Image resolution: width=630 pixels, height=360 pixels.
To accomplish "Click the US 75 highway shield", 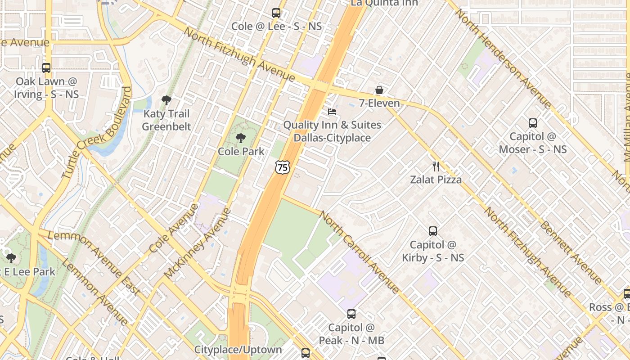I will [x=282, y=167].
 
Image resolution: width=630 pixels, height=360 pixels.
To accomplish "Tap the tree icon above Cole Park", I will [x=241, y=138].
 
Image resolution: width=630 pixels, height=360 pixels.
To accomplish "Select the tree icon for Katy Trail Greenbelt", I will [x=166, y=100].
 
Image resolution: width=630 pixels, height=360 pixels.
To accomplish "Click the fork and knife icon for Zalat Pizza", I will [x=436, y=166].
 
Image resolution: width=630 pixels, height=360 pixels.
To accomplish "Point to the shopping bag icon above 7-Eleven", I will [x=379, y=90].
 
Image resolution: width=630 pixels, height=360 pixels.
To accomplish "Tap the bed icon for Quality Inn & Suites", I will [x=332, y=112].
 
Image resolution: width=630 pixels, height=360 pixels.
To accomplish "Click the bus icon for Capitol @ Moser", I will [x=533, y=123].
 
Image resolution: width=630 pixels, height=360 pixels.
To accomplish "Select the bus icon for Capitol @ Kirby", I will [x=433, y=231].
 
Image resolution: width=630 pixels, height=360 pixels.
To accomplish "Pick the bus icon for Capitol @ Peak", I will [x=351, y=314].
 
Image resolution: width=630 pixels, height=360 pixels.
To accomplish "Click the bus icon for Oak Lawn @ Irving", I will [x=46, y=68].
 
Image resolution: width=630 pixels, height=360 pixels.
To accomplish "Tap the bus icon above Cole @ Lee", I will [x=276, y=13].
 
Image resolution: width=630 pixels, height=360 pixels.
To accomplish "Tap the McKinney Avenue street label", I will [x=198, y=243].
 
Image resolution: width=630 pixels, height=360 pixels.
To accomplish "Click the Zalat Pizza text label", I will [x=436, y=180].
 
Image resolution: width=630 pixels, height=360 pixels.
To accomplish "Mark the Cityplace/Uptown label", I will [x=238, y=350].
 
